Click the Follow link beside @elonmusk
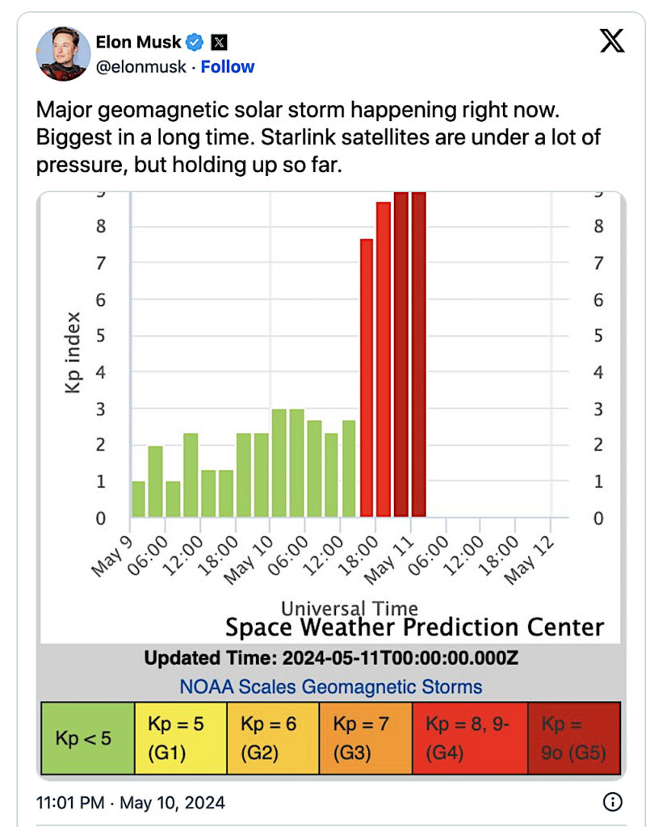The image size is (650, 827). tap(227, 67)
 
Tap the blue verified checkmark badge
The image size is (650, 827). tap(195, 42)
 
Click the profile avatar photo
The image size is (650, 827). tap(63, 53)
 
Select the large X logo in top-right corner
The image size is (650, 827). tap(612, 41)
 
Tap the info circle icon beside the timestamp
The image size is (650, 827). tap(612, 802)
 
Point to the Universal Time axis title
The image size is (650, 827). tap(350, 608)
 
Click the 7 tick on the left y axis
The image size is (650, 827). tap(101, 262)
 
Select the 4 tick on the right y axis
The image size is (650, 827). tap(598, 372)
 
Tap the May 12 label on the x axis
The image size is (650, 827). tap(529, 560)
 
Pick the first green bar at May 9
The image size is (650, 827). tap(138, 499)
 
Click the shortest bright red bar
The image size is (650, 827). tap(367, 378)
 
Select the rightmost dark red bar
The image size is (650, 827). tap(418, 355)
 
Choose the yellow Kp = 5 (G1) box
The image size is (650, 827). tap(181, 738)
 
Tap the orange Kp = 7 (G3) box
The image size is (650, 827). tap(366, 738)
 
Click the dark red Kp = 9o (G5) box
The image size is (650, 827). tap(574, 738)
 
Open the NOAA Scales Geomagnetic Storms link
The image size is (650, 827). tap(330, 686)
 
